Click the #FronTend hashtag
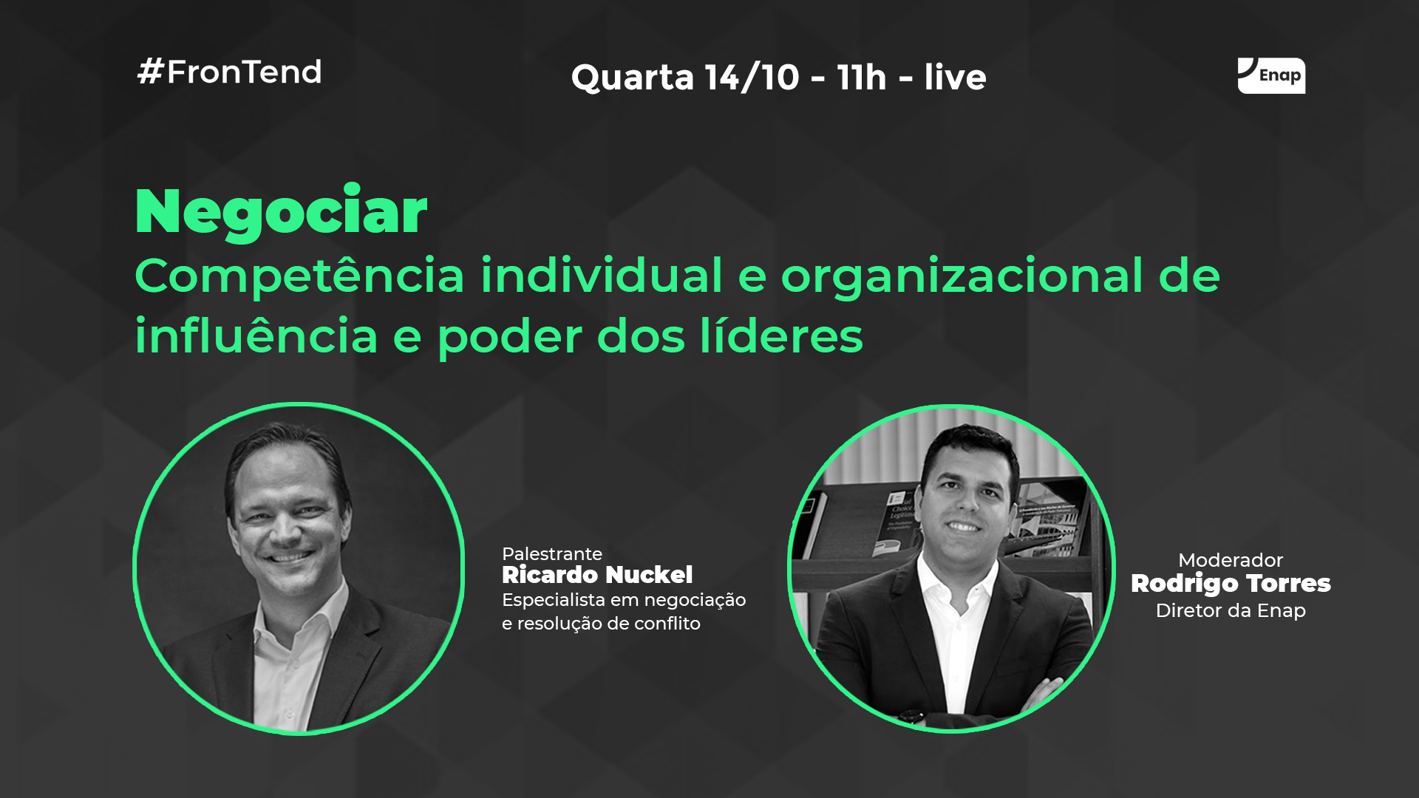click(x=229, y=72)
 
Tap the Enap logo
click(x=1271, y=75)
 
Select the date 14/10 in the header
click(x=752, y=77)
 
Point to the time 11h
click(x=861, y=77)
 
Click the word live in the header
click(x=955, y=77)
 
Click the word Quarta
click(x=632, y=78)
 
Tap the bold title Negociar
click(x=281, y=212)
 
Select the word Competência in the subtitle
click(x=299, y=276)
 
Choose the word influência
click(x=256, y=335)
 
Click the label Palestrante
click(x=552, y=553)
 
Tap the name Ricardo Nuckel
click(x=597, y=575)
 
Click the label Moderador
click(x=1231, y=560)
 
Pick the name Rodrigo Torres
click(x=1231, y=584)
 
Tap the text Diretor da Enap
click(x=1231, y=610)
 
